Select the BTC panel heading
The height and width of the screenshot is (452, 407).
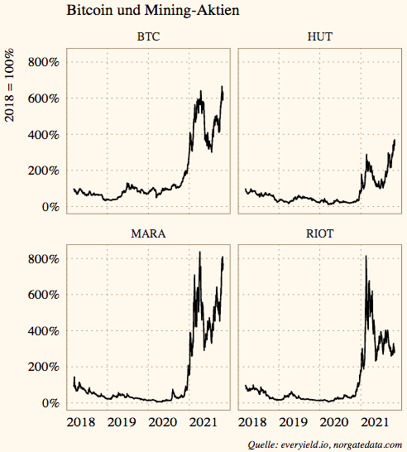[x=148, y=37]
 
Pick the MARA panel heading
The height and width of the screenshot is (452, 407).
[x=148, y=233]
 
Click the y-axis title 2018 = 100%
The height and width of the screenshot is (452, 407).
[x=10, y=87]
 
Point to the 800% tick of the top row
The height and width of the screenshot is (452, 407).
[x=42, y=62]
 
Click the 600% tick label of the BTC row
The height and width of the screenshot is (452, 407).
[x=42, y=99]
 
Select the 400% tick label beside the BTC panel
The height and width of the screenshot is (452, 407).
[x=42, y=134]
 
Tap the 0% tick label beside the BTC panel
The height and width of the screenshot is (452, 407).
[x=48, y=207]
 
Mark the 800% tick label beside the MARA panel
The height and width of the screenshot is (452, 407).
[x=42, y=258]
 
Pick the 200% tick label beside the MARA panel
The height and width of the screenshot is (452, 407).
[x=42, y=367]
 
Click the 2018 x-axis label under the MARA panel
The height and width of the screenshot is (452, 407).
[x=81, y=422]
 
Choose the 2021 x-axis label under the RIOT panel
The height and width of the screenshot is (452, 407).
[x=376, y=422]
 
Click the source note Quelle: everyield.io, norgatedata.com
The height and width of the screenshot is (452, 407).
[x=325, y=445]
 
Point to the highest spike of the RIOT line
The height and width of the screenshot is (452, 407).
[x=366, y=257]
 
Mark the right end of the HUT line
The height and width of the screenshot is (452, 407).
[x=395, y=140]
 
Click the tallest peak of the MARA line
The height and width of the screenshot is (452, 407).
[x=199, y=252]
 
